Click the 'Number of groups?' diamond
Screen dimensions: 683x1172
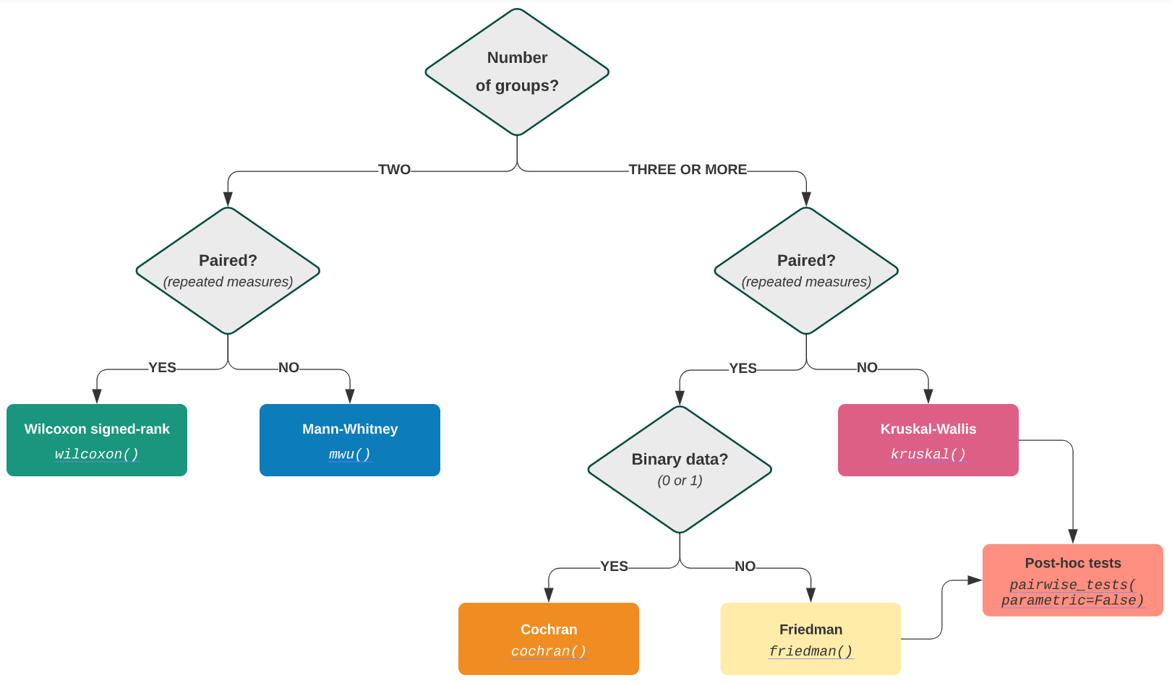[x=517, y=72]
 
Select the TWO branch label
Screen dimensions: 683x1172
[x=394, y=170]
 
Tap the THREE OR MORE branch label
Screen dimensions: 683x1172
[x=688, y=170]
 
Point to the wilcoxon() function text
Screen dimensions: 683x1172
[x=97, y=455]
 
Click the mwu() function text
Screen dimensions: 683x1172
[x=350, y=455]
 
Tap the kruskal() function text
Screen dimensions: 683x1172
[x=928, y=455]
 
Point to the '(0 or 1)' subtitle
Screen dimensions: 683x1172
[x=680, y=481]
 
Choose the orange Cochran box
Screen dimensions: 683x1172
[x=549, y=637]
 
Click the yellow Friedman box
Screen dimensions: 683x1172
[x=810, y=637]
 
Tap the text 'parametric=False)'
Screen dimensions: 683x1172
[x=1073, y=601]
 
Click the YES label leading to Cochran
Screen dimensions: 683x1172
[x=614, y=567]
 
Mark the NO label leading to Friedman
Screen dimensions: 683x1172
[x=745, y=567]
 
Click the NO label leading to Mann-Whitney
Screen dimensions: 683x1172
[x=288, y=368]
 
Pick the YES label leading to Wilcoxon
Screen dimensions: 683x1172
[x=162, y=368]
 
